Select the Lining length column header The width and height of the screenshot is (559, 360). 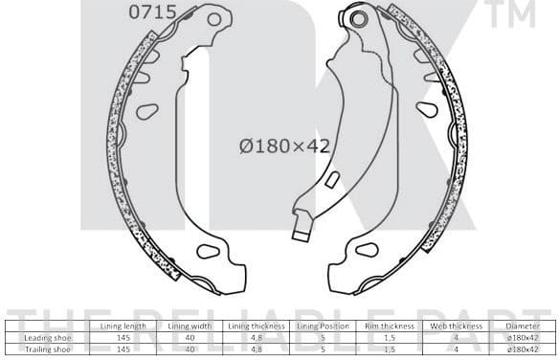(123, 326)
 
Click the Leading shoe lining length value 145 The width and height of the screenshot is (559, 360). (123, 337)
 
